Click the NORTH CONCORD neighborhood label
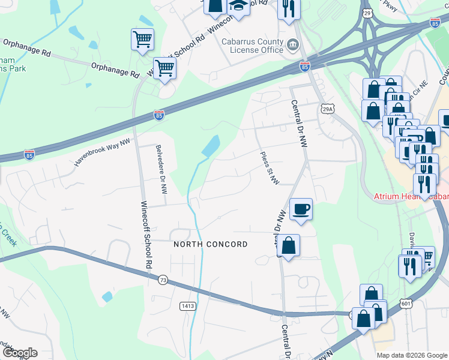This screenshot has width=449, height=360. [x=210, y=244]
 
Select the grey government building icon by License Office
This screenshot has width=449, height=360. [x=292, y=45]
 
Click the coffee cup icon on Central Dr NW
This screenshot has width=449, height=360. [x=301, y=209]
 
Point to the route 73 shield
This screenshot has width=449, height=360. [x=163, y=280]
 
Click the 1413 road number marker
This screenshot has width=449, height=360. [x=187, y=306]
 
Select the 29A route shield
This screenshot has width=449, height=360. [x=327, y=109]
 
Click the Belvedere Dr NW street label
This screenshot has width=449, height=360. [x=161, y=169]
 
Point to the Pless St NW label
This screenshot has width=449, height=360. [x=268, y=169]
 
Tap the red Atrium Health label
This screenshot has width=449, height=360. [x=411, y=196]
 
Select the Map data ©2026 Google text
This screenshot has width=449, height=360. [x=412, y=355]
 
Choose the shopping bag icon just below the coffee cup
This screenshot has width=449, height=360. [x=289, y=245]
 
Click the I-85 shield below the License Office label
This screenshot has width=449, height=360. [x=305, y=67]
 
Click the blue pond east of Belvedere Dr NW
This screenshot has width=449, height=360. [x=211, y=146]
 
